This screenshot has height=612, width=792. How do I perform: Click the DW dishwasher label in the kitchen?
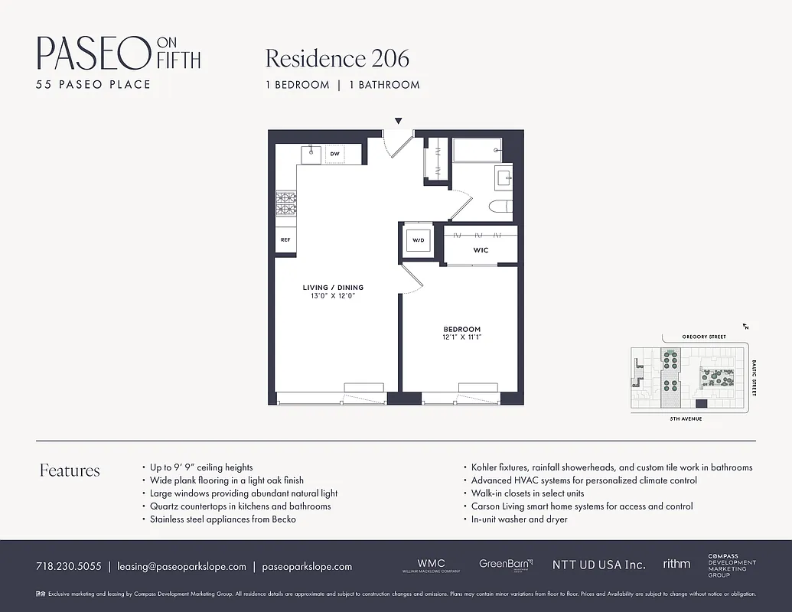tap(334, 154)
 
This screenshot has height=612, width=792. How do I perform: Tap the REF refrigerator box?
tap(285, 239)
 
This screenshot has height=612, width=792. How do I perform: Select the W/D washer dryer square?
tap(418, 241)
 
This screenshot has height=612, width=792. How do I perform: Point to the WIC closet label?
tap(481, 250)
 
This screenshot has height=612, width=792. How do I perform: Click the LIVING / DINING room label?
tap(333, 288)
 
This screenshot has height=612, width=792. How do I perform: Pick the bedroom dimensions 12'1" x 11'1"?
tap(461, 337)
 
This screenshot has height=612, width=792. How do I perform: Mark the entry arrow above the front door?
tap(398, 121)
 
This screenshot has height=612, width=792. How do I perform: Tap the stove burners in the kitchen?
tap(286, 203)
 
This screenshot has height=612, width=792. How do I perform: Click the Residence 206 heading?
tap(337, 58)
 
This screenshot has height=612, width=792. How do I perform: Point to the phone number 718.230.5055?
tap(68, 567)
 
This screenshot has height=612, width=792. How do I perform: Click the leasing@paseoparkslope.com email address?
tap(181, 567)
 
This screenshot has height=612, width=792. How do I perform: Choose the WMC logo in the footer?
tap(431, 563)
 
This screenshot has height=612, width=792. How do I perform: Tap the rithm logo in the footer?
tap(676, 564)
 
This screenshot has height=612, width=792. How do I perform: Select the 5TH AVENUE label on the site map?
tap(686, 419)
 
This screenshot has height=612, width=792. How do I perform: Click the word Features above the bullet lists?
tap(70, 470)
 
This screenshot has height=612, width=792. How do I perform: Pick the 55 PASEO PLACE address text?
tap(93, 84)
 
